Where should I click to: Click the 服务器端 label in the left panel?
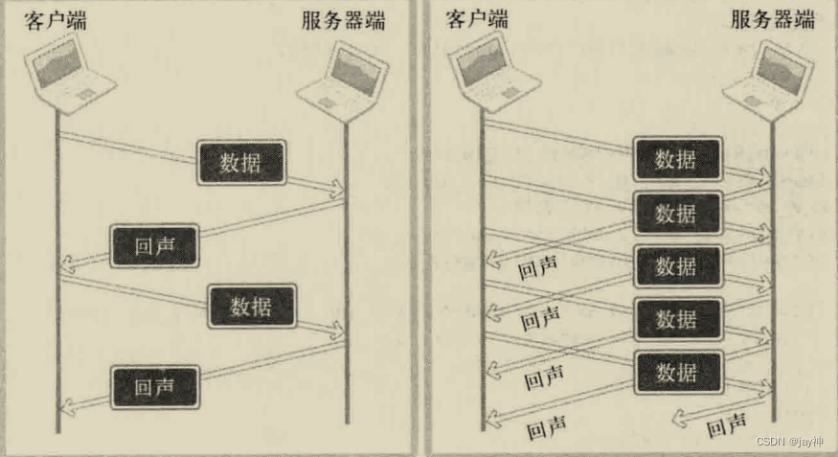coord(342,20)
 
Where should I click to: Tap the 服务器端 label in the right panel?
coord(772,20)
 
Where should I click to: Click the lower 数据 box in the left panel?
coord(251,307)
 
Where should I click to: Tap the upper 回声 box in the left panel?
coord(154,245)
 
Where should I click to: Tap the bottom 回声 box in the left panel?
coord(154,388)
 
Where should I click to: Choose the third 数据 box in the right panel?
coord(676,266)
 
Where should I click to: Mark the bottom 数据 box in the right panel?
coord(676,372)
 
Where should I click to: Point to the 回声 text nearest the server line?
coord(726,427)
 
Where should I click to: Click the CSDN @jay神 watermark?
coord(789,442)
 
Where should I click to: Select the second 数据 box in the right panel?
coord(676,214)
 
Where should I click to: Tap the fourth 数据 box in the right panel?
coord(676,320)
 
